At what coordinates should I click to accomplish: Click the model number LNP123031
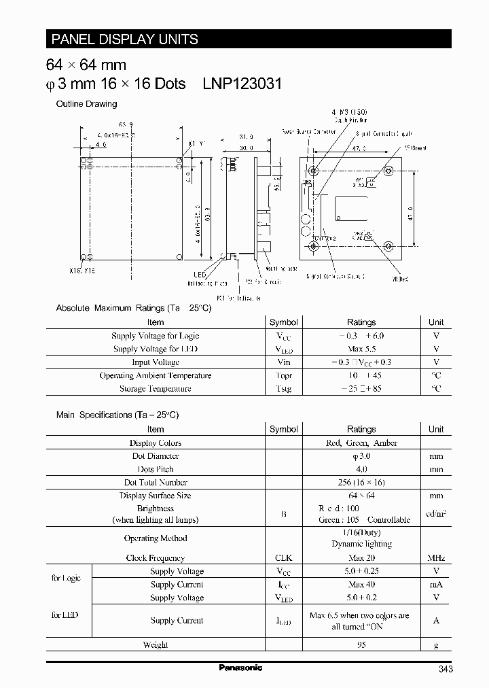coord(242,84)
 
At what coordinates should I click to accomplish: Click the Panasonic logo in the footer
coord(240,668)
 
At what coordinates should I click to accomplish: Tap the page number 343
coord(446,669)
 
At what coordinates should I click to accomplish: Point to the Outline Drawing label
coord(86,104)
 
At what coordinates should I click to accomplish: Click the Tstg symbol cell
coord(283,389)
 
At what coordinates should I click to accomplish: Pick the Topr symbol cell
coord(283,375)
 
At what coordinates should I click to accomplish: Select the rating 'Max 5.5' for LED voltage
coord(361,349)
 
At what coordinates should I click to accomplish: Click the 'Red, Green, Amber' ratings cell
coord(361,443)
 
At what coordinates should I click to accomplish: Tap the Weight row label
coord(156,644)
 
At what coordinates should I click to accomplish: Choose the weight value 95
coord(361,644)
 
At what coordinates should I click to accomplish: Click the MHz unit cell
coord(436,558)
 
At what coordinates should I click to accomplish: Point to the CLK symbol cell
coord(283,558)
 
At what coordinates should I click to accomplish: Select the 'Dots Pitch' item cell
coord(156,469)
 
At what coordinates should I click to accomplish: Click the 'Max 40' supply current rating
coord(361,585)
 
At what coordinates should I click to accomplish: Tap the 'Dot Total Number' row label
coord(156,483)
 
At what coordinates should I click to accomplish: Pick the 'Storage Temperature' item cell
coord(156,389)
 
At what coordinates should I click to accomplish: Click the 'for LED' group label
coord(65,615)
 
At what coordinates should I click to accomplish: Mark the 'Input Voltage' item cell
coord(156,362)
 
